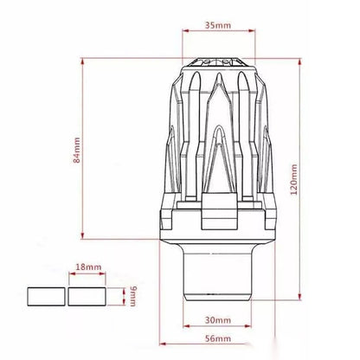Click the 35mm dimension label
[218, 25]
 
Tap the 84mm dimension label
[77, 151]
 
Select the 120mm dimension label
[293, 179]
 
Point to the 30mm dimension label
[218, 320]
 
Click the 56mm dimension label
[218, 338]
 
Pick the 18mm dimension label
[88, 267]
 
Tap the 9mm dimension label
[133, 296]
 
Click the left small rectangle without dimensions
[47, 297]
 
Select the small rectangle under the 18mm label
[87, 297]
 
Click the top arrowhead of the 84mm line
[82, 61]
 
